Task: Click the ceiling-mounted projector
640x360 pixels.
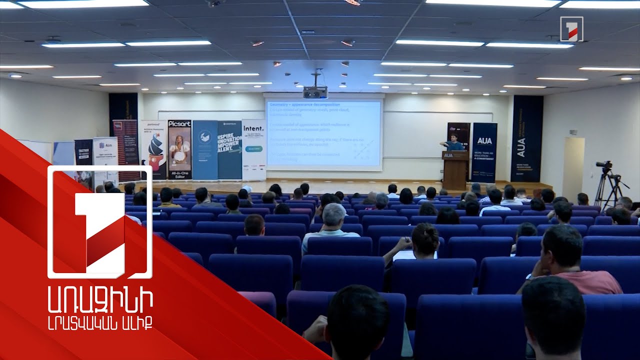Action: [315, 92]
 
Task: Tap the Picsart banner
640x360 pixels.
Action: [179, 149]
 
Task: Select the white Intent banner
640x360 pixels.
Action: [253, 149]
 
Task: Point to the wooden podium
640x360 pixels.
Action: [455, 170]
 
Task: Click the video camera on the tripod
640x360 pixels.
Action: [604, 165]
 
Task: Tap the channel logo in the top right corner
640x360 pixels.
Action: [571, 28]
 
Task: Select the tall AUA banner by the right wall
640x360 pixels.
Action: [526, 138]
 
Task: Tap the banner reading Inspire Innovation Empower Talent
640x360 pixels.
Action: [229, 149]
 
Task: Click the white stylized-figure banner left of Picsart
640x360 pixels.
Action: [153, 149]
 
